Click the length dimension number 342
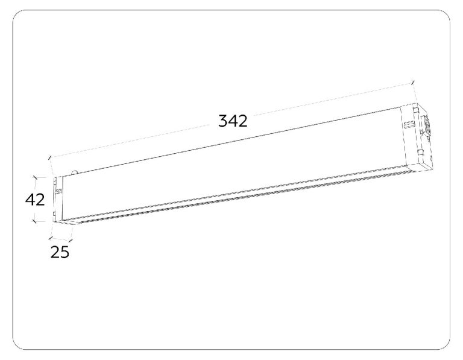coord(233,121)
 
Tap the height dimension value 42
coord(35,200)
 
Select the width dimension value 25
coord(60,252)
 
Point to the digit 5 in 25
coord(65,252)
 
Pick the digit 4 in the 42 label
coord(30,200)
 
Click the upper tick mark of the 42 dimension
coord(35,177)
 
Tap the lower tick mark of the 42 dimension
coord(34,221)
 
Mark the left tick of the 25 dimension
coord(51,237)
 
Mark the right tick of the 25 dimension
coord(71,241)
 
